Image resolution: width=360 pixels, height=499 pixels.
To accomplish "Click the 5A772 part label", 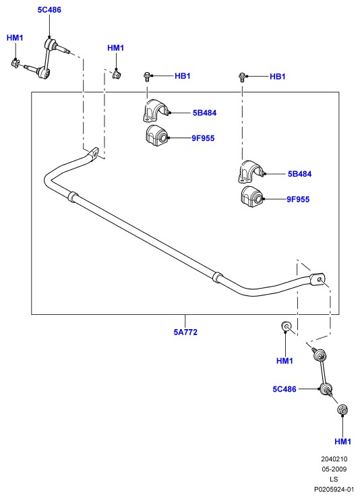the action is coord(185,332).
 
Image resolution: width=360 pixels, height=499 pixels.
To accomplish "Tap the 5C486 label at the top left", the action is coord(49,10).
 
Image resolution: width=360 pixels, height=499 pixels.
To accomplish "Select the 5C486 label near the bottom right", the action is coord(284,389).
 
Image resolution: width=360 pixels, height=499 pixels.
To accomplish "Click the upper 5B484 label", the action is coord(204,113).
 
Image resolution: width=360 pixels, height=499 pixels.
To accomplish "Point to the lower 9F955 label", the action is coord(298,199).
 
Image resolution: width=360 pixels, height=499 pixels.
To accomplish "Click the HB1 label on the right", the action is coord(278,76).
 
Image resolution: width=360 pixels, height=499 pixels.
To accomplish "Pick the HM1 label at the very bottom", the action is coord(343,442).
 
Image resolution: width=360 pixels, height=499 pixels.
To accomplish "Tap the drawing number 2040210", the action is coord(334,459).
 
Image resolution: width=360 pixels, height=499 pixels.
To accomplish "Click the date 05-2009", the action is coord(334,469).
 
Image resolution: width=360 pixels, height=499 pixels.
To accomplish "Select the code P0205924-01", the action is coord(334,489).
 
